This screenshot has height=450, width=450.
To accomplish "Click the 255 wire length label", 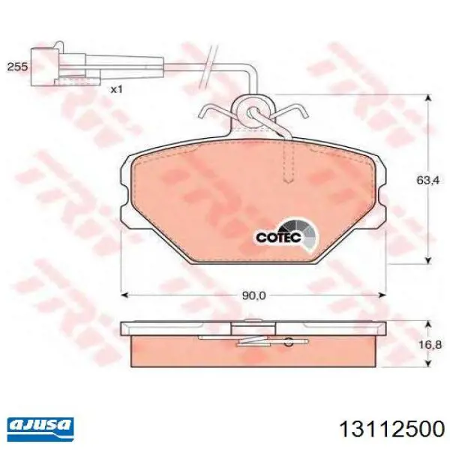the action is point(17,67).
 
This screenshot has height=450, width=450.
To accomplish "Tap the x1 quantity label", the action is point(117,90).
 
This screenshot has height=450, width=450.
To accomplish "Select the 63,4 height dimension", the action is point(428,180).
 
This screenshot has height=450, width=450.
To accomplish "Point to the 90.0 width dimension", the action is point(254,295).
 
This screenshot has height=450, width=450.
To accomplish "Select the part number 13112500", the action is point(392,430).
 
